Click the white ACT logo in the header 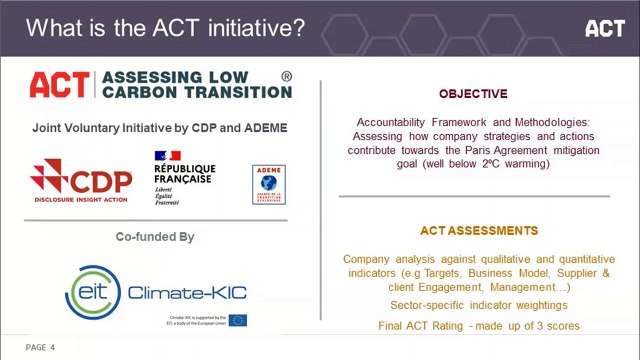604,28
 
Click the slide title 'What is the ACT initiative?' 165,28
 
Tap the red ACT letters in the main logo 59,85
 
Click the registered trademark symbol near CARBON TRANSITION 287,76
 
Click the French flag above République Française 168,155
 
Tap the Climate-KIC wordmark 187,293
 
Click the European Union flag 238,320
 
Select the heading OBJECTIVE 473,94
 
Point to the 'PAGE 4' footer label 40,347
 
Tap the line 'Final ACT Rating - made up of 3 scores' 478,326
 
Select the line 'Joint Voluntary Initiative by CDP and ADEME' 160,128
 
